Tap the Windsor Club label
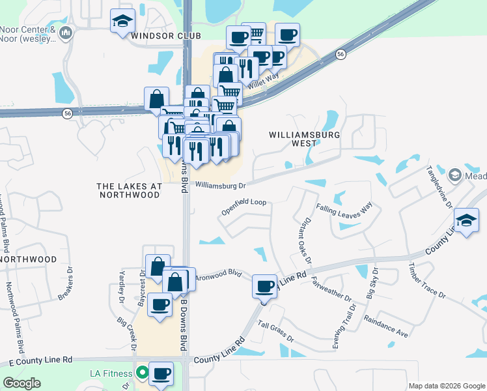pyautogui.click(x=165, y=35)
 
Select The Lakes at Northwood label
pyautogui.click(x=129, y=190)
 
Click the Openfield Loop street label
pyautogui.click(x=244, y=207)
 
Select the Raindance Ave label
pyautogui.click(x=386, y=325)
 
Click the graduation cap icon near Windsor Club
pyautogui.click(x=122, y=22)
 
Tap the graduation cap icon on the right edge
pyautogui.click(x=466, y=220)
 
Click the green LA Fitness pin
pyautogui.click(x=142, y=374)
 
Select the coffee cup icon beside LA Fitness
pyautogui.click(x=161, y=373)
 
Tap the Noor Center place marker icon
pyautogui.click(x=65, y=33)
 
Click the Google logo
pyautogui.click(x=22, y=383)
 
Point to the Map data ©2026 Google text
pyautogui.click(x=446, y=386)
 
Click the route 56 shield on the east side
pyautogui.click(x=341, y=55)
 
